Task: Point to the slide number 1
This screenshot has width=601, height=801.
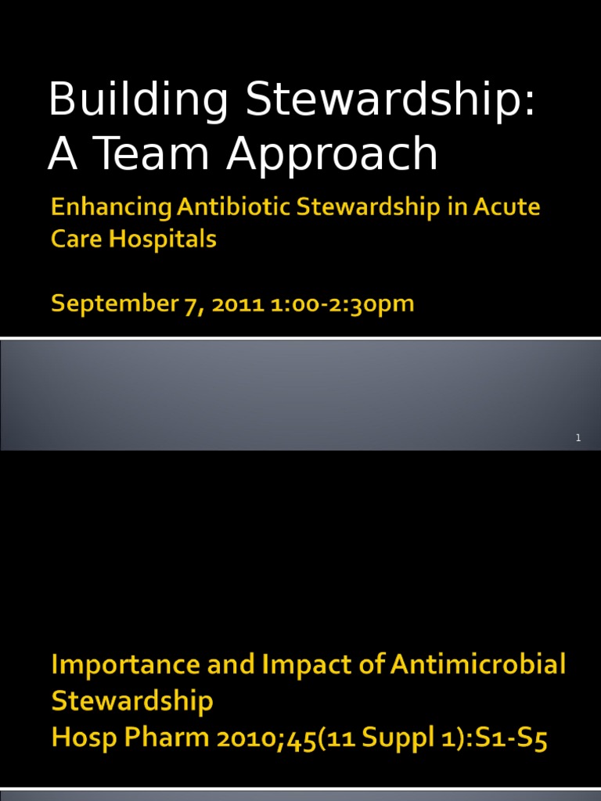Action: click(x=578, y=438)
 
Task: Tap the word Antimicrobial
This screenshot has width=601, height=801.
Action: click(x=477, y=666)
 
